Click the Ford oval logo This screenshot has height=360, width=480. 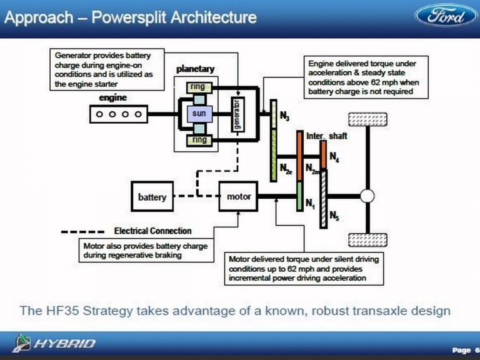446,16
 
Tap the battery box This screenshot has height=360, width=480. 152,197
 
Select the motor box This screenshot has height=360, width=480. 238,196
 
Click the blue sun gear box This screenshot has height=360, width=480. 199,114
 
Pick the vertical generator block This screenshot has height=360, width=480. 236,114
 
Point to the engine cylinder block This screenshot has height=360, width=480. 119,114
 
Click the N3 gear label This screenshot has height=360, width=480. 284,116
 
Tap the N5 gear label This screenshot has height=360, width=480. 334,217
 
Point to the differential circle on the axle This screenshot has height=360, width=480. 367,196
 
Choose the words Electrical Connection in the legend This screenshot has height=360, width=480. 152,231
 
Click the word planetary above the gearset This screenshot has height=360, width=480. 195,68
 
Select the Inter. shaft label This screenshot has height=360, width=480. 326,135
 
